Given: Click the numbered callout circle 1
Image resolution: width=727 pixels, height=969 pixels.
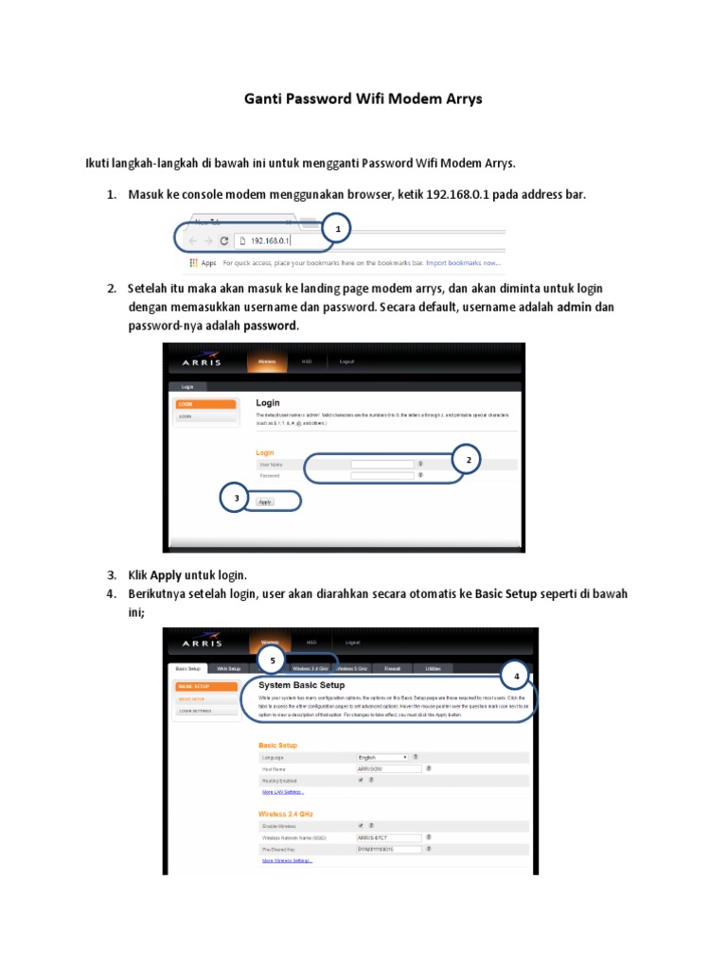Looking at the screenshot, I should click(x=336, y=228).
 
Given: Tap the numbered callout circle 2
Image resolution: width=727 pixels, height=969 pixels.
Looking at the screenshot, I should click(x=466, y=460).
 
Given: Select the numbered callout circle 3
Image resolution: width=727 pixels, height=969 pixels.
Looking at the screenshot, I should click(x=236, y=498).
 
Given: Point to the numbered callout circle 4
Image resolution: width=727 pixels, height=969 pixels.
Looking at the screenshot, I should click(x=516, y=676).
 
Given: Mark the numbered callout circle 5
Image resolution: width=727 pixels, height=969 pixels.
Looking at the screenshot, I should click(x=274, y=660).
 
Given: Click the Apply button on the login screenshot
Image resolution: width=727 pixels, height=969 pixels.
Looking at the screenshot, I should click(x=265, y=502).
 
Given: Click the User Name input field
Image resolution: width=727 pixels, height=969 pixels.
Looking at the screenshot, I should click(x=382, y=464).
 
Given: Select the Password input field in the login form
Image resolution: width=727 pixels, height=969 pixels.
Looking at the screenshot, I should click(x=382, y=476).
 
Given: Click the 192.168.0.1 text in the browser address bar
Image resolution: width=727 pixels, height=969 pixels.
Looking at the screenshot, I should click(x=270, y=241).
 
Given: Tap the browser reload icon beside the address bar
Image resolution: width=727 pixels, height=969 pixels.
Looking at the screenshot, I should click(x=224, y=241).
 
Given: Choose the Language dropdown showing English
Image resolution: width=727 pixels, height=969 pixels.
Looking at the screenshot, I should click(x=382, y=757).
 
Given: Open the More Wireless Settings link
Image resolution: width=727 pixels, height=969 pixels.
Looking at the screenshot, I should click(x=287, y=861).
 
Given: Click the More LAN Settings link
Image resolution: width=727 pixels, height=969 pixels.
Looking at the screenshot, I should click(x=282, y=792).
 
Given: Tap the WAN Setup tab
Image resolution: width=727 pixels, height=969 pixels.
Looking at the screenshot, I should click(x=229, y=668).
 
